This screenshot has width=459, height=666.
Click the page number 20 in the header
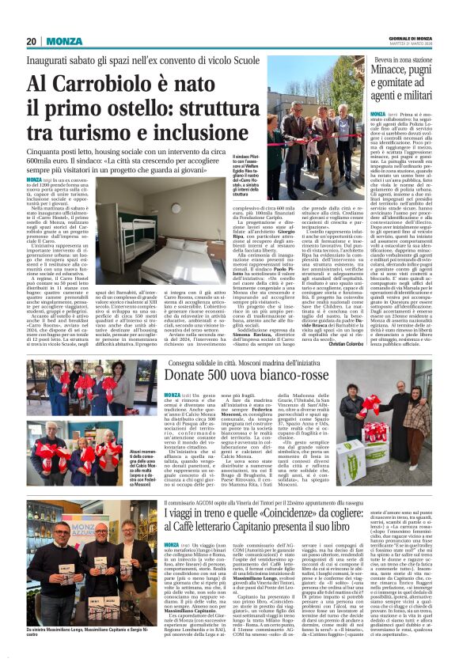coord(32,41)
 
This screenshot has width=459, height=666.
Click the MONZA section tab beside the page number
coord(63,41)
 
